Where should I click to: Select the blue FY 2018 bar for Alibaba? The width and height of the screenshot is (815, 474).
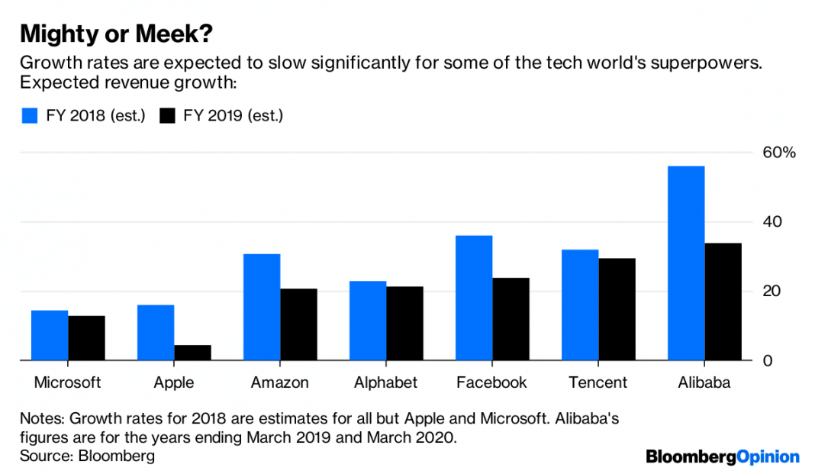click(685, 263)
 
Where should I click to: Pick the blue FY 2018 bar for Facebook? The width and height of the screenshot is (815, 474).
click(473, 298)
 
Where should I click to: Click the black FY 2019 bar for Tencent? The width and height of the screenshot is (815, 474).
click(617, 309)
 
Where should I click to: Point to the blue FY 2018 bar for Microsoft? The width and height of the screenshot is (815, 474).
click(49, 335)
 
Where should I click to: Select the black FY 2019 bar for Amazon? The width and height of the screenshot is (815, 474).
click(298, 324)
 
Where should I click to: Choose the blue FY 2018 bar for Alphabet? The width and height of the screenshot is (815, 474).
click(367, 321)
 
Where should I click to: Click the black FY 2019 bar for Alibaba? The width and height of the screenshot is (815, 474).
click(723, 301)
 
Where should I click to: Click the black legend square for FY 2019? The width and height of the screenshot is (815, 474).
click(168, 116)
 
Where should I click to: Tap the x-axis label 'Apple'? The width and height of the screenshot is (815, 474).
click(173, 382)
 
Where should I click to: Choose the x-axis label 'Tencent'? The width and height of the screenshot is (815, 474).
click(598, 382)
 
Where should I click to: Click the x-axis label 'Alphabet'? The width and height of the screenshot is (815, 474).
click(385, 382)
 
